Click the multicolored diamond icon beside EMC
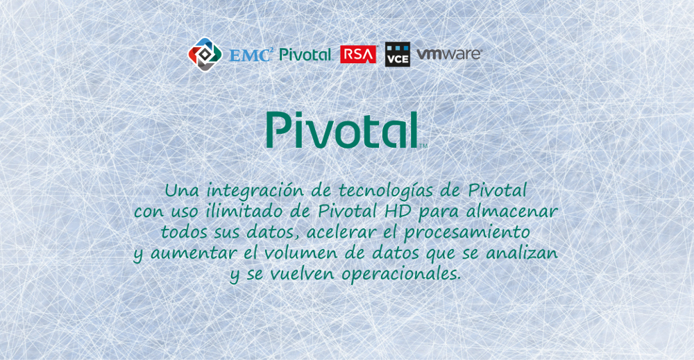(x=205, y=54)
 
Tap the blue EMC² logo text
(x=251, y=54)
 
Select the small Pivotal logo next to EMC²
(x=305, y=54)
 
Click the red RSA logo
(x=358, y=54)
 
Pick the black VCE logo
(x=398, y=54)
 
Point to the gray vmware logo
(x=449, y=54)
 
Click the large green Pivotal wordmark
(x=342, y=130)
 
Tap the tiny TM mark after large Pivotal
(x=423, y=146)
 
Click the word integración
(x=255, y=191)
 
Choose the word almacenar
(x=511, y=212)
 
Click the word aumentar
(x=193, y=253)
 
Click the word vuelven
(x=303, y=274)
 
